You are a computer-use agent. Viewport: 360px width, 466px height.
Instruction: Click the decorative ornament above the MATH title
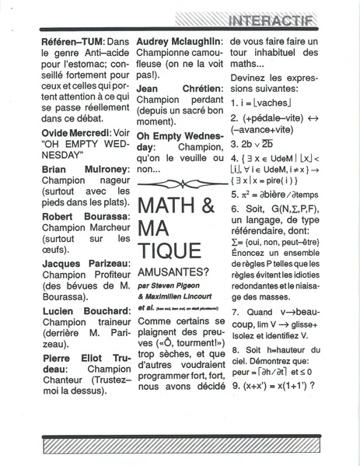[180, 184]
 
